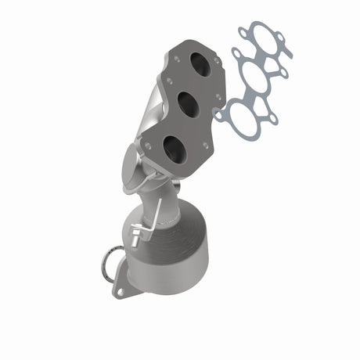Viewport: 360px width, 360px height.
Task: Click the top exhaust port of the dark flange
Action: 200,66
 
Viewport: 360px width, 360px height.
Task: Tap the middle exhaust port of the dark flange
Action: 188,103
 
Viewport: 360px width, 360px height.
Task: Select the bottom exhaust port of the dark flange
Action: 175,149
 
